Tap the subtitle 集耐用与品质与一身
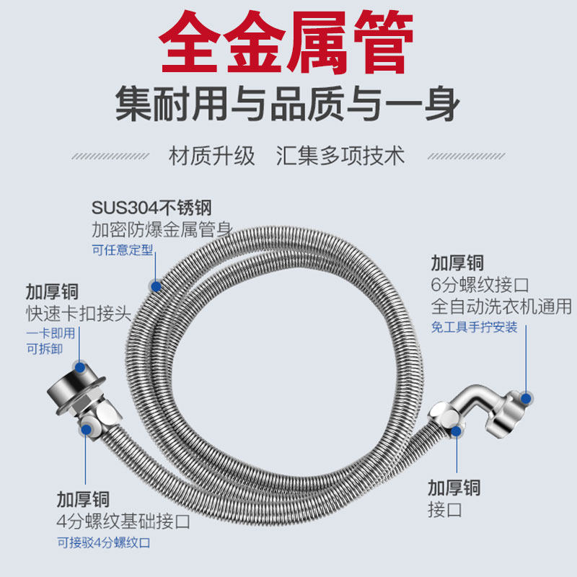click(288, 105)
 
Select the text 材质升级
click(212, 155)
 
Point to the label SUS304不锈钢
click(151, 208)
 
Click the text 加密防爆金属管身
click(162, 230)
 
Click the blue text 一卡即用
click(50, 333)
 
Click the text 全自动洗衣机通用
click(501, 306)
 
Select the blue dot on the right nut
click(527, 397)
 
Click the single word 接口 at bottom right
click(445, 510)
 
